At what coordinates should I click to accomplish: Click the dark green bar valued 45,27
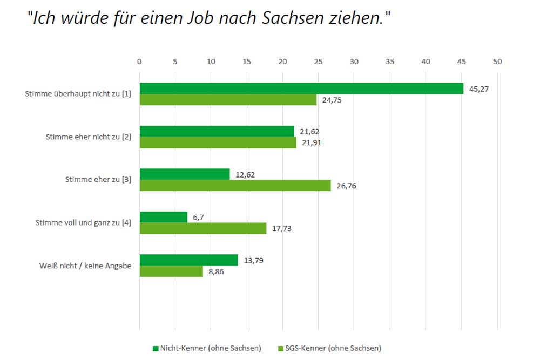[x=301, y=89]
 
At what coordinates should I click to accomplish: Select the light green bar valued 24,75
[x=228, y=100]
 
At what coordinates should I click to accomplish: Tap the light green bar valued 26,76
[x=235, y=186]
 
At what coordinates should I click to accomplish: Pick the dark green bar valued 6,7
[x=164, y=217]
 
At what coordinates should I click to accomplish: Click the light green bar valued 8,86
[x=171, y=271]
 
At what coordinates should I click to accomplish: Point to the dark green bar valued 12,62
[x=185, y=174]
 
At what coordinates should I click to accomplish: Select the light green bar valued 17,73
[x=203, y=228]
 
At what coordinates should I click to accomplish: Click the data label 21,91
[x=311, y=144]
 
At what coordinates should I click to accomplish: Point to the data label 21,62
[x=309, y=132]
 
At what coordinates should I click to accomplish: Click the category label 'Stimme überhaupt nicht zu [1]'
[x=78, y=94]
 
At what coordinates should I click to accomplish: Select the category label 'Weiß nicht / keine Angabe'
[x=85, y=266]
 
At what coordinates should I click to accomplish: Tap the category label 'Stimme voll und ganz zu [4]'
[x=83, y=222]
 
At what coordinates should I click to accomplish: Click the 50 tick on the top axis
[x=497, y=62]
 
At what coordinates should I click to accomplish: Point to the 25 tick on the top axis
[x=318, y=62]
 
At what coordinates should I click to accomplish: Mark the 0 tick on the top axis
[x=139, y=62]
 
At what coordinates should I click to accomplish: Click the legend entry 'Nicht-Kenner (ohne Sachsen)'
[x=207, y=348]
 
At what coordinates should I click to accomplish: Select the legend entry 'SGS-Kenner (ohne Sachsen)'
[x=328, y=348]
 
